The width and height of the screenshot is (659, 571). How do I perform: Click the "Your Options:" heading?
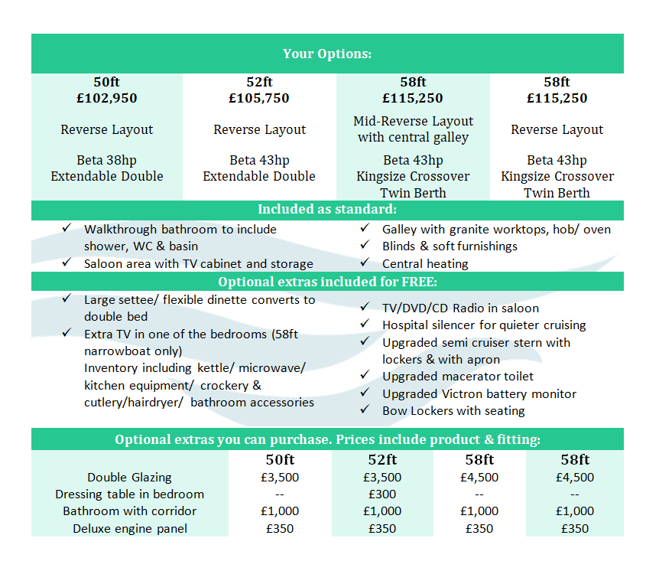[327, 54]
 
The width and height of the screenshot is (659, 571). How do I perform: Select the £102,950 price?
[107, 98]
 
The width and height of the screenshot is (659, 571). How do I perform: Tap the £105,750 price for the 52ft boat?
[259, 98]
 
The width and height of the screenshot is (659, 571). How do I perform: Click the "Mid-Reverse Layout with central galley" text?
[413, 129]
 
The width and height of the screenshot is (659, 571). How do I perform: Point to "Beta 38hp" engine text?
[107, 160]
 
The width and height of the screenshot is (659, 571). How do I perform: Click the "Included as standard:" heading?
[327, 210]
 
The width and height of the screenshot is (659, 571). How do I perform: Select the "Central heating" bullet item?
[425, 263]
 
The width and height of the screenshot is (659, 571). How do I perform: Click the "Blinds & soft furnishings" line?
[450, 246]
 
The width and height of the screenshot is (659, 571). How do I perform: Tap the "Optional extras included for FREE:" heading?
[327, 282]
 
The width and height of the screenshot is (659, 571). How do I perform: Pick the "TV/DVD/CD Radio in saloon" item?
[460, 308]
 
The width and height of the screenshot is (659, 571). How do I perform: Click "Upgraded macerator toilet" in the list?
[458, 376]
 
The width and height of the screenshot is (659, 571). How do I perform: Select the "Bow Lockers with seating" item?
[453, 410]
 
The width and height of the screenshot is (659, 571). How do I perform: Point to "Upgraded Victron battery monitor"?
[479, 393]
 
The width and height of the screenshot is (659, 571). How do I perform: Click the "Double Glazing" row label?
[129, 477]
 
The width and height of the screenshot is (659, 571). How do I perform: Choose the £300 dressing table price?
[382, 494]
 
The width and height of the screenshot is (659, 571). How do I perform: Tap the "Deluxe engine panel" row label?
[129, 528]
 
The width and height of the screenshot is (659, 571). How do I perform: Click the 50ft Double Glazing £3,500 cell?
[280, 477]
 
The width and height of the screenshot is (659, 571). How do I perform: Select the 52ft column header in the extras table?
[382, 459]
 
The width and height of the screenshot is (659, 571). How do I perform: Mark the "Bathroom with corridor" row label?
[129, 511]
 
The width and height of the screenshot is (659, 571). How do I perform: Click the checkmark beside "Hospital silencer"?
[365, 325]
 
